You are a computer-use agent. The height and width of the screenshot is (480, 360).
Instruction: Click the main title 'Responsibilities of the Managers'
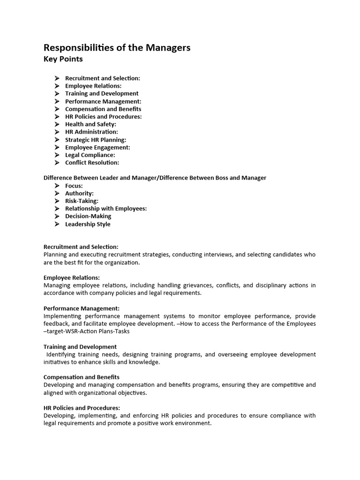(x=117, y=48)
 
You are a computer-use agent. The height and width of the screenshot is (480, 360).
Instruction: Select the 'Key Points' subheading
(x=63, y=59)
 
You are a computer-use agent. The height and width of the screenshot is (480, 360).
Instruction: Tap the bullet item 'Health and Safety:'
(x=90, y=124)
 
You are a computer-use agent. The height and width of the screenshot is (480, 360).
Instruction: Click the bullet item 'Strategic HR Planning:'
(x=96, y=140)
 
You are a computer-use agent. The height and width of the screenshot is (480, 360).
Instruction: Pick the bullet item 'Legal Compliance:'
(x=90, y=155)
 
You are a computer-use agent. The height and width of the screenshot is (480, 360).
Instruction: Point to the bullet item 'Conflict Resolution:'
(x=92, y=163)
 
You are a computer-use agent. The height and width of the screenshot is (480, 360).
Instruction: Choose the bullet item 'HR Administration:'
(x=91, y=132)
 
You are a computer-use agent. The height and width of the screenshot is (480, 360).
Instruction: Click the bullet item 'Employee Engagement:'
(x=97, y=147)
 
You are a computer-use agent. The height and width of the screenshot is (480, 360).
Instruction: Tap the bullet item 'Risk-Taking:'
(x=82, y=201)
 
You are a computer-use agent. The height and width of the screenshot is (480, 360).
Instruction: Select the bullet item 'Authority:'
(x=79, y=193)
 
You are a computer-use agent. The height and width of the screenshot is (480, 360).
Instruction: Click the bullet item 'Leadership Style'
(x=88, y=224)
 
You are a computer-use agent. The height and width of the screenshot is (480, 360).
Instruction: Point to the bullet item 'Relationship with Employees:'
(x=105, y=209)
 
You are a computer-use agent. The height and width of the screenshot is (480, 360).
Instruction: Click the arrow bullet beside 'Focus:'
(x=57, y=186)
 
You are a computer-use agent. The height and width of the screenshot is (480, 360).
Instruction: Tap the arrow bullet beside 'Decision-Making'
(x=57, y=217)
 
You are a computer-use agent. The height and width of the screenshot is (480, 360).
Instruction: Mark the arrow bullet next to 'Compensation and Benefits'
(x=57, y=109)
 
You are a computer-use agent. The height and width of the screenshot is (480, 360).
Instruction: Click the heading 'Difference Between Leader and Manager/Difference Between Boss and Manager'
(x=155, y=178)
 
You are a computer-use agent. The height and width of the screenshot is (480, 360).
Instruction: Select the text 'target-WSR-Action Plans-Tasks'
(x=88, y=331)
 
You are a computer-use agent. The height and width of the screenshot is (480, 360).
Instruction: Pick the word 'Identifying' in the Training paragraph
(x=62, y=354)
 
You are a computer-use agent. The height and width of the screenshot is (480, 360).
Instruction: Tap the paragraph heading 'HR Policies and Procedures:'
(x=82, y=408)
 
